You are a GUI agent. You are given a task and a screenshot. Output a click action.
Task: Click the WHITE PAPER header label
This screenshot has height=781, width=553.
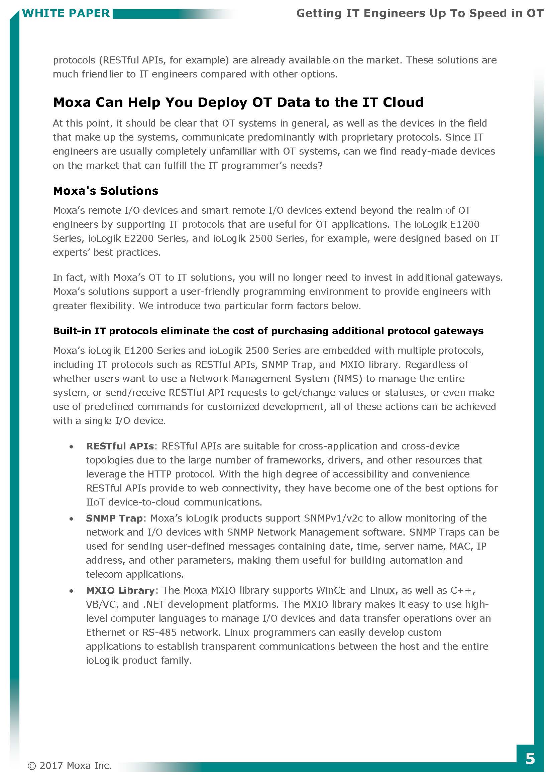click(x=66, y=13)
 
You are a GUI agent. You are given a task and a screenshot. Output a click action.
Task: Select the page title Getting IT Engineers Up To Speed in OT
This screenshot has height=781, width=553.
click(x=420, y=13)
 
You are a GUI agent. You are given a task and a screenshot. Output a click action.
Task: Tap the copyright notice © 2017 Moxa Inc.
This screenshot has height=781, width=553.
click(x=70, y=766)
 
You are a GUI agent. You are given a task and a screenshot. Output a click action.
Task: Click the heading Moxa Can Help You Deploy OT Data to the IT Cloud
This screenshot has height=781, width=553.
click(x=238, y=103)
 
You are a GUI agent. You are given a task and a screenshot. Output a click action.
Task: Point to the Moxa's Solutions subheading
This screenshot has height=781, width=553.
click(x=106, y=191)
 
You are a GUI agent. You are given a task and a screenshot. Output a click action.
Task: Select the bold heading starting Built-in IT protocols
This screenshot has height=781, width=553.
click(x=268, y=331)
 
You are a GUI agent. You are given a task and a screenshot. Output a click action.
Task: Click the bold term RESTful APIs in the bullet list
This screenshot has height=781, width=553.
click(x=120, y=446)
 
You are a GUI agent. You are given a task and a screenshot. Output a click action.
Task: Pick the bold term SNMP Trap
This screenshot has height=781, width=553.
click(x=114, y=518)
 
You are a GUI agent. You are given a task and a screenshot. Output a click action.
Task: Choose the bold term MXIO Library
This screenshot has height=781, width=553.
click(x=120, y=590)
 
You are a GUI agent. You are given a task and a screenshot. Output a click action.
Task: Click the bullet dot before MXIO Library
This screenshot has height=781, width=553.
click(x=71, y=591)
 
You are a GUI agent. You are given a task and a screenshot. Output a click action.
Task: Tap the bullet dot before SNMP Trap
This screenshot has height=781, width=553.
click(x=71, y=519)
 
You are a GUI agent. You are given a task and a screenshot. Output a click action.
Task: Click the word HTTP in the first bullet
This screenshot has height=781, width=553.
click(x=160, y=474)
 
